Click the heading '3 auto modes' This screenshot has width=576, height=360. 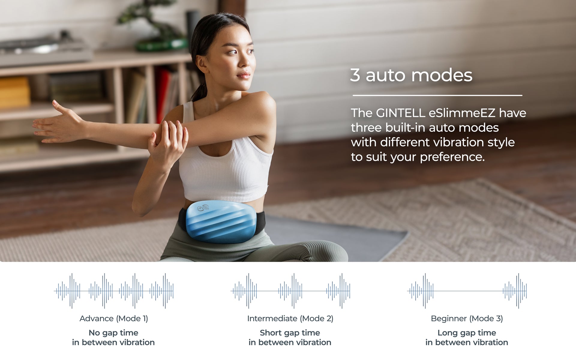pyautogui.click(x=411, y=75)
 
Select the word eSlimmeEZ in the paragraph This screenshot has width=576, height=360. pyautogui.click(x=462, y=113)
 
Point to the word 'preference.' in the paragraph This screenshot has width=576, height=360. pyautogui.click(x=452, y=157)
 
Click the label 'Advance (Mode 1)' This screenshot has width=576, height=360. pyautogui.click(x=114, y=319)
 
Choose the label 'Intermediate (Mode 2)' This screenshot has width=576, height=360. pyautogui.click(x=290, y=319)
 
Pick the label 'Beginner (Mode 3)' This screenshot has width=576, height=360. pyautogui.click(x=467, y=319)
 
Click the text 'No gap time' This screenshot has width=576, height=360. pyautogui.click(x=113, y=333)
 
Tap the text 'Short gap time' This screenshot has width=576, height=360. pyautogui.click(x=290, y=333)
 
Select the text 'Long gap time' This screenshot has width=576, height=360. pyautogui.click(x=467, y=333)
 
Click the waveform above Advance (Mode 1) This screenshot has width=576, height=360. pyautogui.click(x=114, y=291)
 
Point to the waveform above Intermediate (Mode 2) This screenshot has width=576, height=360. pyautogui.click(x=290, y=291)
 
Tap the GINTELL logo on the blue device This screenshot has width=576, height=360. pyautogui.click(x=203, y=208)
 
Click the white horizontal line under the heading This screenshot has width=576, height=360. pyautogui.click(x=437, y=95)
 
